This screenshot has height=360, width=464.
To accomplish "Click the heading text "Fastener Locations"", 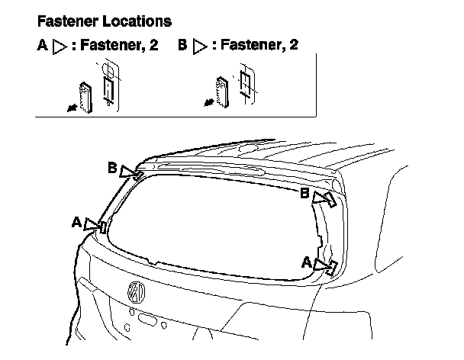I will click(104, 21).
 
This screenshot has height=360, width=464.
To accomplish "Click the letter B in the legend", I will click(182, 45).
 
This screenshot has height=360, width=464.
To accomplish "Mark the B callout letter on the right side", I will click(304, 194).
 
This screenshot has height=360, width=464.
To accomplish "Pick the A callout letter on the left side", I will click(76, 222).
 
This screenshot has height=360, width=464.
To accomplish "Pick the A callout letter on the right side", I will click(306, 262).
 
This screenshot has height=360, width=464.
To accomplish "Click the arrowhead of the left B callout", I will click(137, 174).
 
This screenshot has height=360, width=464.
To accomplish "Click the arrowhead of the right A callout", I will click(330, 266).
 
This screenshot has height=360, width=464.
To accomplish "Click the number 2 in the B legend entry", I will click(293, 45).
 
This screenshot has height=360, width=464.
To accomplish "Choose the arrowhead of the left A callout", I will click(98, 225).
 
